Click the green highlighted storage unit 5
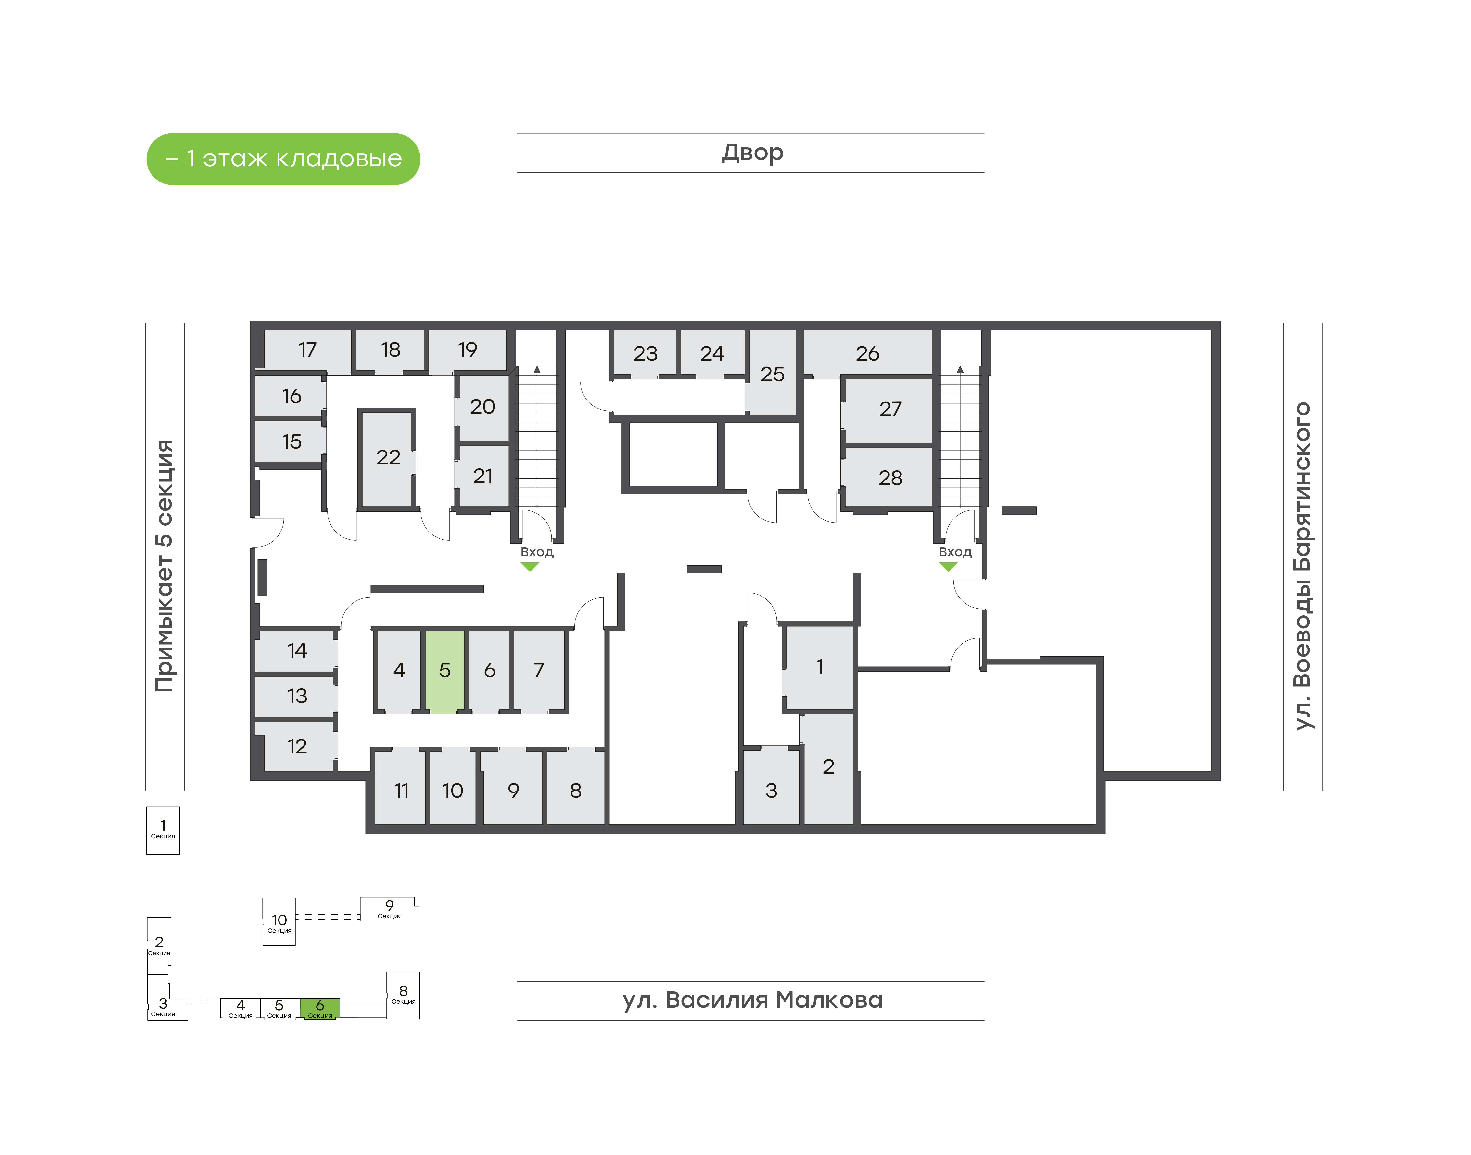tap(445, 671)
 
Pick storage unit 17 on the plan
tap(308, 350)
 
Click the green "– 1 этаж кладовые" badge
tap(283, 159)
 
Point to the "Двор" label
tap(752, 153)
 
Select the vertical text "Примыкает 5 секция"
tap(164, 566)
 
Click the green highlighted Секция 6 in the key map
tap(320, 1008)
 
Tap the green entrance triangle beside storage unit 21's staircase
tap(530, 567)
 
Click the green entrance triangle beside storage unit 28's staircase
tap(948, 567)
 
